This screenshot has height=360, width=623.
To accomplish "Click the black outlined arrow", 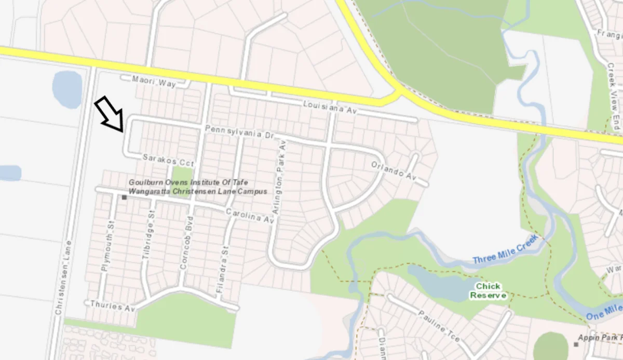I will (110, 113).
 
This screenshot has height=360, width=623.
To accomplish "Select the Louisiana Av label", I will (331, 108).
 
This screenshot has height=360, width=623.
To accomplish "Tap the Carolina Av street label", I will (250, 216).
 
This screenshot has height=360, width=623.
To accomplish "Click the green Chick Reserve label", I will (488, 291).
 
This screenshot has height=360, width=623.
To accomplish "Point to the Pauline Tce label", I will (438, 326).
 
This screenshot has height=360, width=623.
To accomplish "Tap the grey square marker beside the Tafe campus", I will (124, 197).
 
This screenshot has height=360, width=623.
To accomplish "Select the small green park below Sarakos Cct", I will (182, 176).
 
